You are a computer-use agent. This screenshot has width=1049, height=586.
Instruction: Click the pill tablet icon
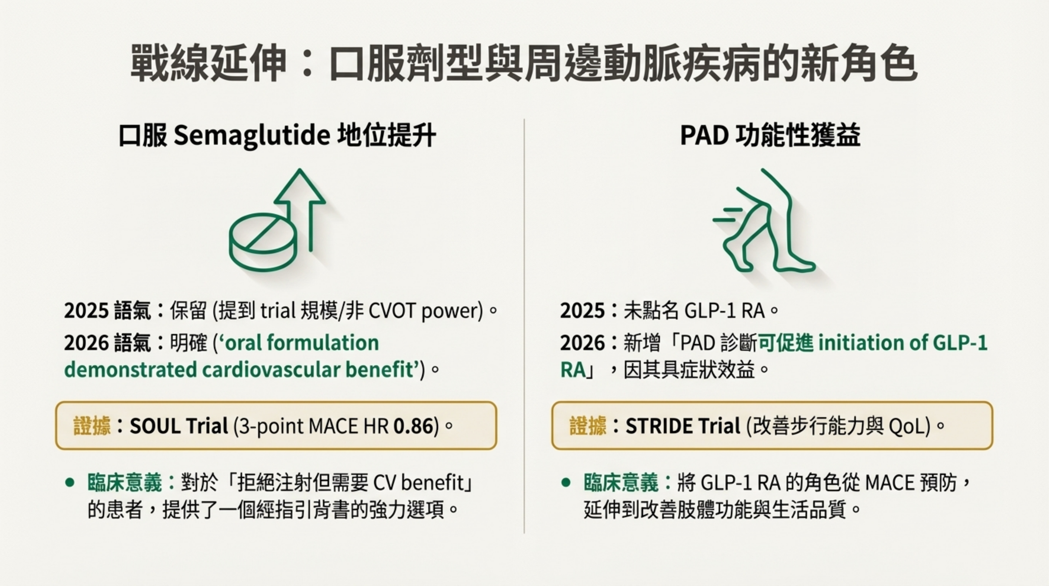click(263, 242)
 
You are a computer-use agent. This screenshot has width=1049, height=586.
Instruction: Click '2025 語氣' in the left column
click(108, 311)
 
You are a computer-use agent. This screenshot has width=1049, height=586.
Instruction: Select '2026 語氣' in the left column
click(108, 343)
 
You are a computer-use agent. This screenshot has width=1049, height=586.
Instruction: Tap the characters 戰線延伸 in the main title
click(208, 64)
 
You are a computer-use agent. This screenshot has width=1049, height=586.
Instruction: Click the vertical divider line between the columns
click(524, 326)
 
